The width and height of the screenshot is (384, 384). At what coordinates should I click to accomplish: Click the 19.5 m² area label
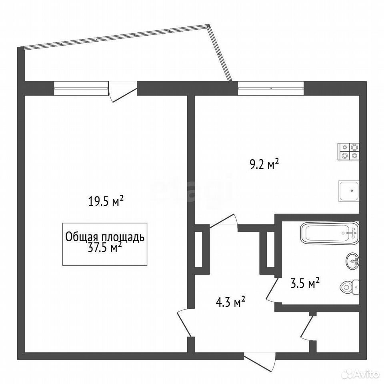click(106, 202)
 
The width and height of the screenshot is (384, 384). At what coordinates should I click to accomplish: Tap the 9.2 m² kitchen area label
click(264, 164)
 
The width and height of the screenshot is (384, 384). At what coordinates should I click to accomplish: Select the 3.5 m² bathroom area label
click(305, 283)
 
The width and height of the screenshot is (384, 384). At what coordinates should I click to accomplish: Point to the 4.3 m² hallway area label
click(230, 302)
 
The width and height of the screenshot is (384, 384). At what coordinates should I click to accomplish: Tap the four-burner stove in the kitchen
click(348, 151)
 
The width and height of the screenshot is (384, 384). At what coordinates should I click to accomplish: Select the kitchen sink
click(349, 191)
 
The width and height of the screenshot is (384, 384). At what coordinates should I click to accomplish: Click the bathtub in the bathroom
click(330, 233)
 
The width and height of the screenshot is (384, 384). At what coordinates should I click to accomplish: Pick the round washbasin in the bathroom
click(353, 261)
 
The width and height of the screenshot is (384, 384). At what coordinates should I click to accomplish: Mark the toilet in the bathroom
click(350, 287)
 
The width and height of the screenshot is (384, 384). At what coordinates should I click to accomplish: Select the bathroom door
click(272, 290)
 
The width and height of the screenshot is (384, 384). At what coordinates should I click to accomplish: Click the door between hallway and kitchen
click(224, 222)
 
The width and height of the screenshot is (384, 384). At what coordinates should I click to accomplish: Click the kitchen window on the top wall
click(271, 88)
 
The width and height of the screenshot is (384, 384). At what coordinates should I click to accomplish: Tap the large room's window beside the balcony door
click(81, 88)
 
